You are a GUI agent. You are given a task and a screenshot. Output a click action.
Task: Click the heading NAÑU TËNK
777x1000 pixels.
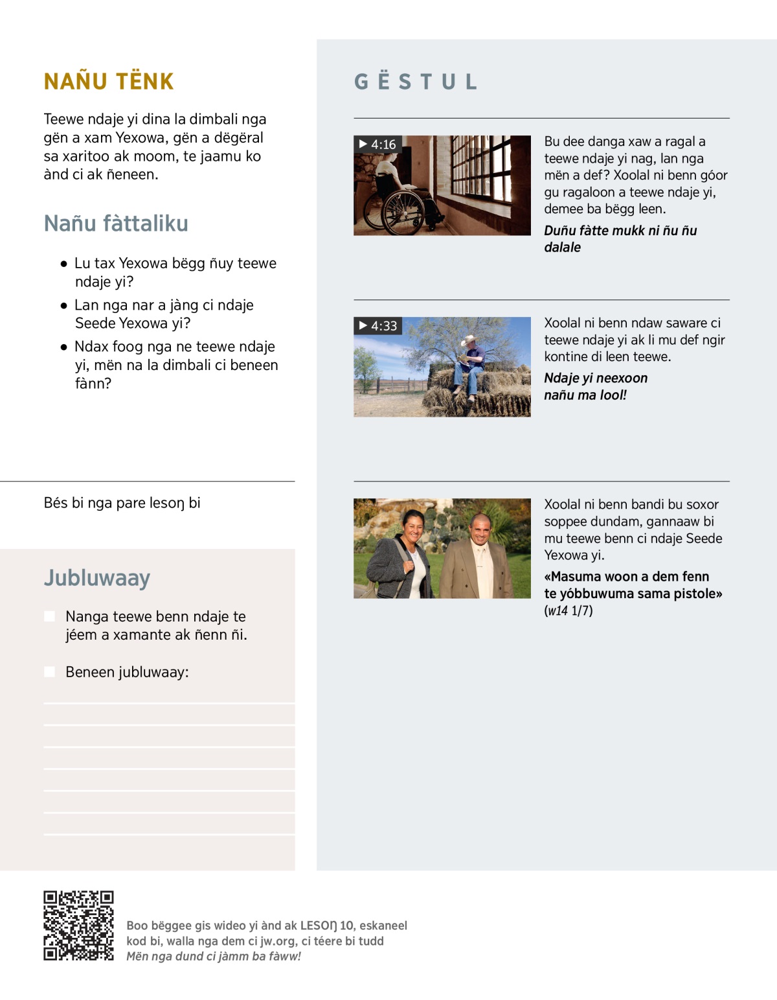[109, 82]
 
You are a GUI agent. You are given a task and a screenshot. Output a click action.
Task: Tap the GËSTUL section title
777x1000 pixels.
[416, 82]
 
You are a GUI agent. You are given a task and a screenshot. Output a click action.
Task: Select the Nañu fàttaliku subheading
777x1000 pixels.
[116, 224]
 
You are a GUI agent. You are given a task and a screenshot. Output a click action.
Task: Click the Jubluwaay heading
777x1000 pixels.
[97, 577]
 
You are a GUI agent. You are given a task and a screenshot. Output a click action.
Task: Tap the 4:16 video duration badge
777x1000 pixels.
[377, 145]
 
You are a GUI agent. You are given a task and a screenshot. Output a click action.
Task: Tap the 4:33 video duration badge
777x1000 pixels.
[378, 326]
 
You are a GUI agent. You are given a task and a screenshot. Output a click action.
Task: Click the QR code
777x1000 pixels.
[78, 925]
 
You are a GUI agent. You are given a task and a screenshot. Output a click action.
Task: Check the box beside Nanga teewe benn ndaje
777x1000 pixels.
[50, 616]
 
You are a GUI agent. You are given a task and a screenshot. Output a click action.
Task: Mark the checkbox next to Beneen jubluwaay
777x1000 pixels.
[50, 672]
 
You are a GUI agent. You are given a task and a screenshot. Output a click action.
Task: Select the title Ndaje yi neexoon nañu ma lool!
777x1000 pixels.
[595, 387]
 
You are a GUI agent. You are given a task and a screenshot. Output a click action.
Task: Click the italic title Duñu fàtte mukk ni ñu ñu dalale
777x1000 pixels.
[620, 238]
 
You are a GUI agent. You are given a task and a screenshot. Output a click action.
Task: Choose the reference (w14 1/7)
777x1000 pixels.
[568, 610]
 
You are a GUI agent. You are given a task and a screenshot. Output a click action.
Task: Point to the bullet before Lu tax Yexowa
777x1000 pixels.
[63, 264]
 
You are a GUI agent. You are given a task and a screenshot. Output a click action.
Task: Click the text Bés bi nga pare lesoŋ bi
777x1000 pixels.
[122, 503]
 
